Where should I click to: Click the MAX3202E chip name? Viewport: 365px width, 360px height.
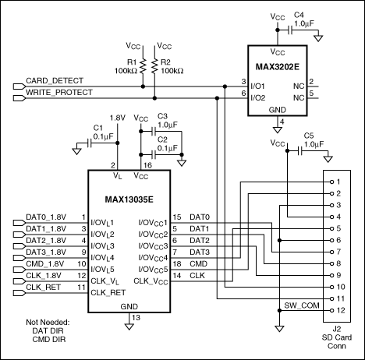tap(278, 67)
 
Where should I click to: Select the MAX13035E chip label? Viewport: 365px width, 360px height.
tap(129, 199)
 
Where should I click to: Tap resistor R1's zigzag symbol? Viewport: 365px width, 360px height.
tap(143, 66)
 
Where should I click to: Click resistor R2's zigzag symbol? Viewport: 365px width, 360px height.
tap(154, 66)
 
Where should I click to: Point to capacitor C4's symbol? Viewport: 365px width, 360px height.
tap(291, 30)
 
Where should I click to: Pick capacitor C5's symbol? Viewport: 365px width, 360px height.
tap(300, 150)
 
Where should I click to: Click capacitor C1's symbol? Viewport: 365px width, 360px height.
tap(90, 143)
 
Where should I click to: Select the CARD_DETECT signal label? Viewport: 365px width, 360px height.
tap(55, 81)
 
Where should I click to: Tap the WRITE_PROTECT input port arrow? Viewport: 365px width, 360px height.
tap(19, 98)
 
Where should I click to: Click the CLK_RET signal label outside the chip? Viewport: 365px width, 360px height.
tap(43, 288)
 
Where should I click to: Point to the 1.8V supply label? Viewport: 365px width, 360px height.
tap(118, 118)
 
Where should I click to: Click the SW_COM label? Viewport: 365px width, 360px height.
tap(302, 305)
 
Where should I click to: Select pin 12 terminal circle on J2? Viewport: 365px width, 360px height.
tap(331, 310)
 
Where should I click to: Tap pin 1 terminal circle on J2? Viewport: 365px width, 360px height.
tap(331, 182)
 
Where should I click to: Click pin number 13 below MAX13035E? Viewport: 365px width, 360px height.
tap(136, 317)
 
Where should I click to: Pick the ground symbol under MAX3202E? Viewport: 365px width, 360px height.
tap(278, 129)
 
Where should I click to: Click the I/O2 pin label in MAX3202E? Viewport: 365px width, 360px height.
tap(258, 98)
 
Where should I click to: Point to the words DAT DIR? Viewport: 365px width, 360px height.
tap(48, 330)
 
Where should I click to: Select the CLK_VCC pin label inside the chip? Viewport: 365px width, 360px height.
tap(151, 281)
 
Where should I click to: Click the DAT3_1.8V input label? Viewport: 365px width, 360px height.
tap(46, 252)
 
